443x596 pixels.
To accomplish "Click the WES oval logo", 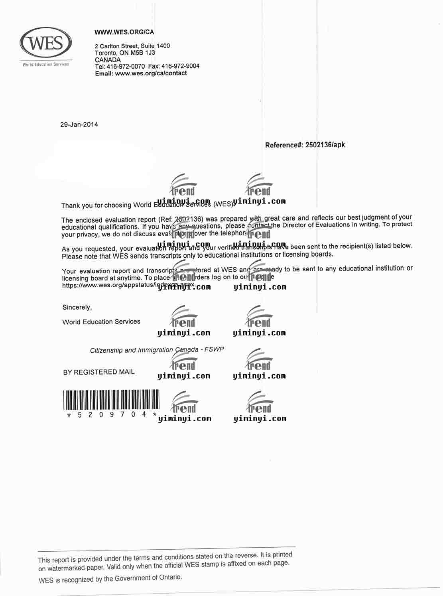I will click(x=46, y=43).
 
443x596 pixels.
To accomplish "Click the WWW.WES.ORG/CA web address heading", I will click(x=124, y=32).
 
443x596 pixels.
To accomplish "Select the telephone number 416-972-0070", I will click(x=126, y=66).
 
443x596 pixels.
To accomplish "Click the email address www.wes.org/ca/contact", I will click(x=151, y=73).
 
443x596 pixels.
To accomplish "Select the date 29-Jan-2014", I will click(x=79, y=124).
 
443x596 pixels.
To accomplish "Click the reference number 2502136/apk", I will click(x=325, y=145).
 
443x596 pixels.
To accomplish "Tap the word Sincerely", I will click(x=77, y=308).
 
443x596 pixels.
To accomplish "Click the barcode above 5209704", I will click(x=111, y=400).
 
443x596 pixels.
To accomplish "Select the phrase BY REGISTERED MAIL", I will click(x=99, y=372).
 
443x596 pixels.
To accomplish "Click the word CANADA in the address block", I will click(x=108, y=60).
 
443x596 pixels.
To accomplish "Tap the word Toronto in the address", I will click(x=106, y=53).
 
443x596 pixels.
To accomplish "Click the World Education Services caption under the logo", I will click(x=46, y=64).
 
